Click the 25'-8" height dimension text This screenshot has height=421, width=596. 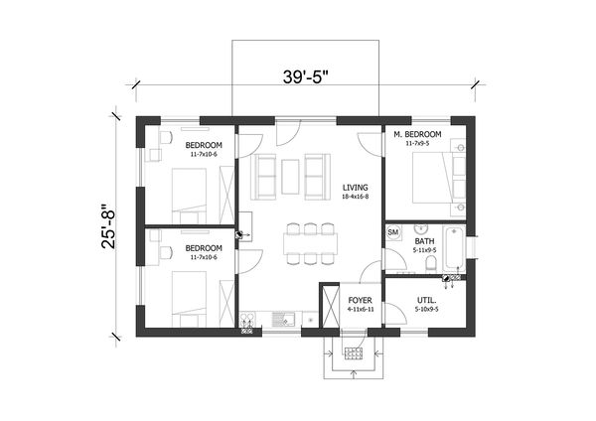click(111, 225)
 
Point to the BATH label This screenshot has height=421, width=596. click(424, 240)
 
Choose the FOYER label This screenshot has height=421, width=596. click(359, 296)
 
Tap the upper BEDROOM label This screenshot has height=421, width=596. click(203, 146)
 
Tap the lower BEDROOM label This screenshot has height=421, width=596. click(203, 247)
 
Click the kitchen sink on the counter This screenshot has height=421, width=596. click(282, 320)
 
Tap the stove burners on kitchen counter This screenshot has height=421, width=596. click(248, 320)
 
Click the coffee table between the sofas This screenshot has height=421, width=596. click(290, 176)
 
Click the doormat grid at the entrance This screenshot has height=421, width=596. click(352, 351)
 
